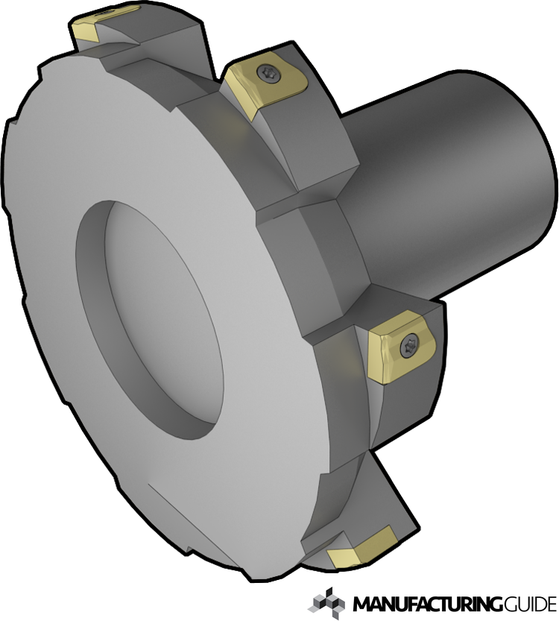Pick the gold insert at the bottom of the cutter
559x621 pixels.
tap(361, 546)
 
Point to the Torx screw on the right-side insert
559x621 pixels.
tap(408, 344)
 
